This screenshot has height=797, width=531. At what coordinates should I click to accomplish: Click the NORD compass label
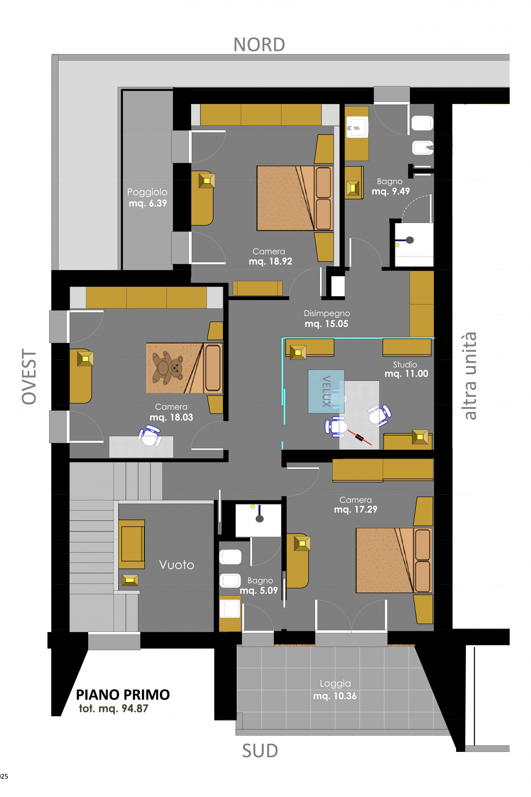click(259, 45)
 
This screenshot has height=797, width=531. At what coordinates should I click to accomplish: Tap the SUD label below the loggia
click(260, 751)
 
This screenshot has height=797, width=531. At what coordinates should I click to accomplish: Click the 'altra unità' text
click(470, 376)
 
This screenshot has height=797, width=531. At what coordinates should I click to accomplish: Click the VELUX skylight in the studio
click(326, 391)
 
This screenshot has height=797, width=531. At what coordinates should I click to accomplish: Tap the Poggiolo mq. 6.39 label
click(147, 197)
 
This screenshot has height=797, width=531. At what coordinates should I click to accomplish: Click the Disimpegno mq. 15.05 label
click(327, 318)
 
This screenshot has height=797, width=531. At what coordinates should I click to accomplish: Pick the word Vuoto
click(176, 565)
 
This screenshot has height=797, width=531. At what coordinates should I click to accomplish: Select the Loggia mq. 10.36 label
click(335, 690)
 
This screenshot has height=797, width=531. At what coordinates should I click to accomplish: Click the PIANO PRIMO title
click(123, 695)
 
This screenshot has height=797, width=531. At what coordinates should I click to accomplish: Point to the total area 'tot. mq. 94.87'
click(113, 708)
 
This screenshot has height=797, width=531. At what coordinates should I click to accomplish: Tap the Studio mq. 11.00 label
click(406, 369)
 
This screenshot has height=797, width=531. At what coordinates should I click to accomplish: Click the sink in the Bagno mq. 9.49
click(357, 127)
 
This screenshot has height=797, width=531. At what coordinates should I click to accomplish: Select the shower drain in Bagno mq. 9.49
click(410, 240)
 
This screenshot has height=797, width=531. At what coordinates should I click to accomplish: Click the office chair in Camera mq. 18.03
click(150, 436)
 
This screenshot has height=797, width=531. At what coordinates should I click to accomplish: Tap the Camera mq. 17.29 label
click(355, 505)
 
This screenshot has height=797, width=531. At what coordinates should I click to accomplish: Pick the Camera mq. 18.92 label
click(270, 257)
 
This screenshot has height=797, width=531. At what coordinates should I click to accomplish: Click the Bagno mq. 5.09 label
click(259, 586)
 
